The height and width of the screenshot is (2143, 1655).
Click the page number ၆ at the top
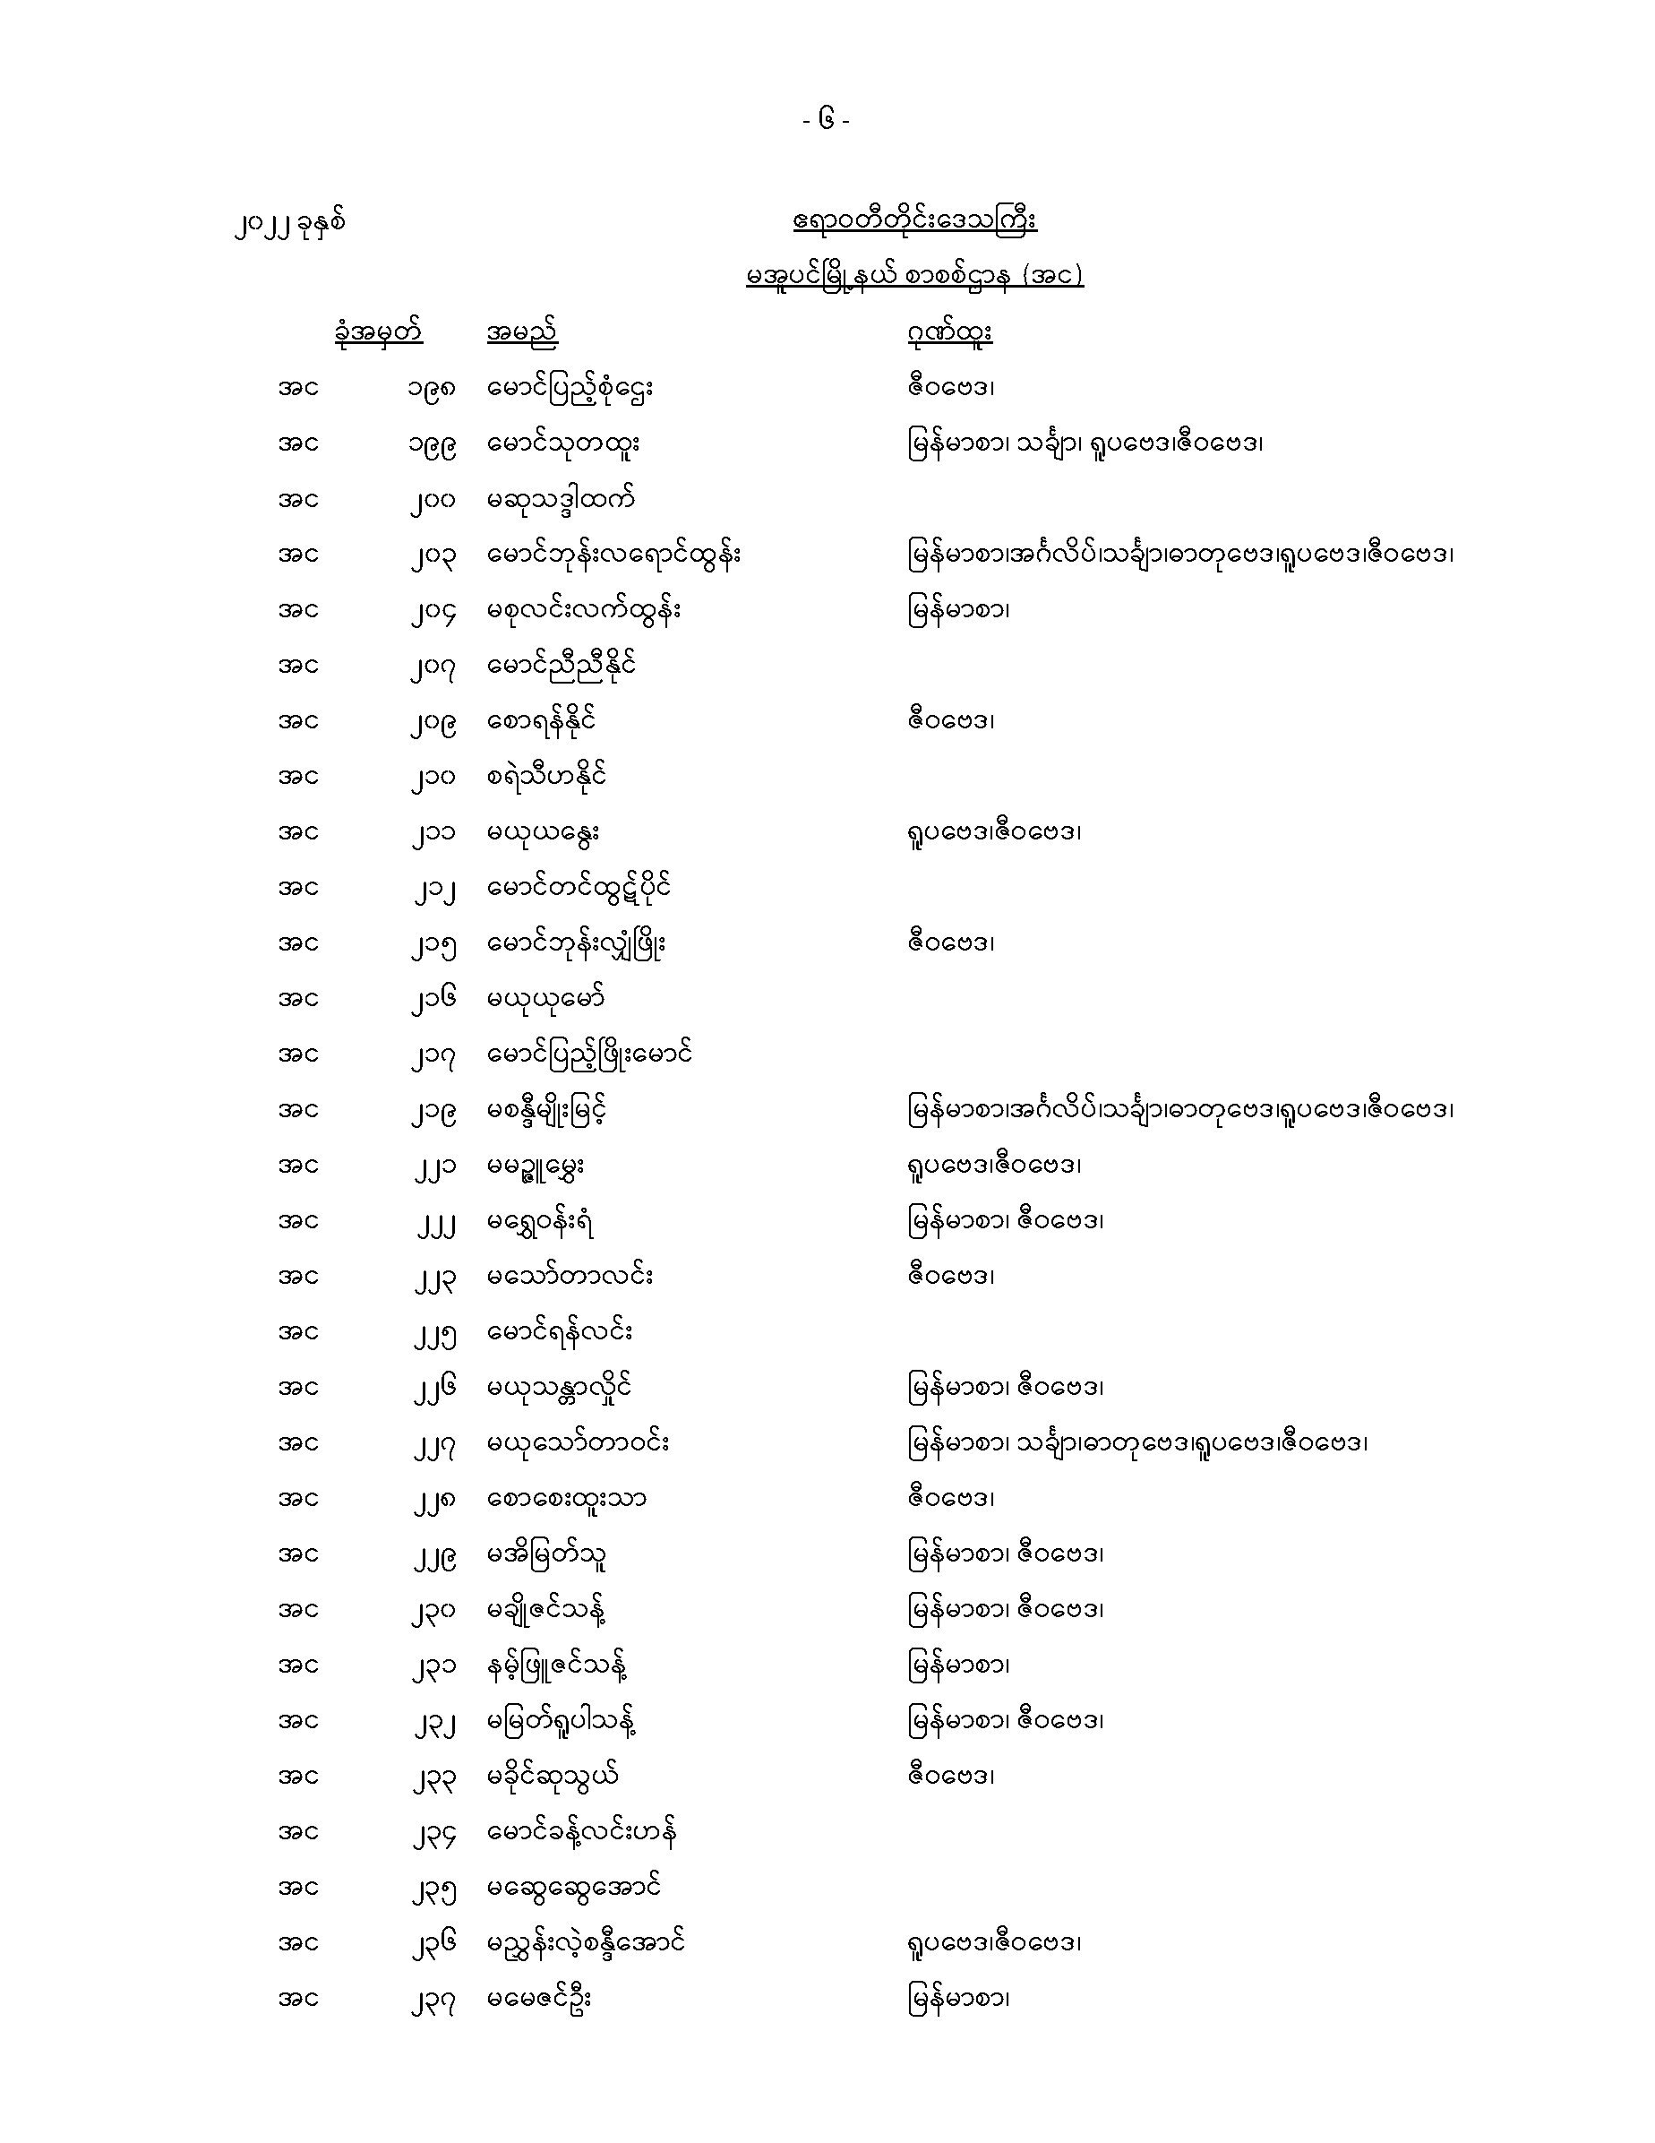[826, 121]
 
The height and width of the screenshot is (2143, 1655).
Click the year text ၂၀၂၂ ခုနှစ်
[290, 225]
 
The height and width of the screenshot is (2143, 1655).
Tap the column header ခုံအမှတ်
[378, 331]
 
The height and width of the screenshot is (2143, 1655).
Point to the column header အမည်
[521, 332]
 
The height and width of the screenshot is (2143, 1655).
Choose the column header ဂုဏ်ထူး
[948, 332]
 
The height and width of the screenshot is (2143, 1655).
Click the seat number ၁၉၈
[432, 389]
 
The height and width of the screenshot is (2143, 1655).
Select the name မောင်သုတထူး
[563, 443]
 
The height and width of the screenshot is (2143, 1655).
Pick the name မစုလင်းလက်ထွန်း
[584, 610]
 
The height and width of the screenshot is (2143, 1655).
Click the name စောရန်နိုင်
[542, 721]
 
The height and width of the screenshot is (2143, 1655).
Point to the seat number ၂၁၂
[432, 889]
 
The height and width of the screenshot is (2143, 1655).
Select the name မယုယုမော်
[545, 999]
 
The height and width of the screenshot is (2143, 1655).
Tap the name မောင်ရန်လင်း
[559, 1331]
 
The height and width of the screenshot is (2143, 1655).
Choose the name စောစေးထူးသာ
[566, 1498]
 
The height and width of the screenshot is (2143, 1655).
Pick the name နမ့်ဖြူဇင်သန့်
[556, 1665]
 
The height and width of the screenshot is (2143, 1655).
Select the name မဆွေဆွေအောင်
[574, 1887]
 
